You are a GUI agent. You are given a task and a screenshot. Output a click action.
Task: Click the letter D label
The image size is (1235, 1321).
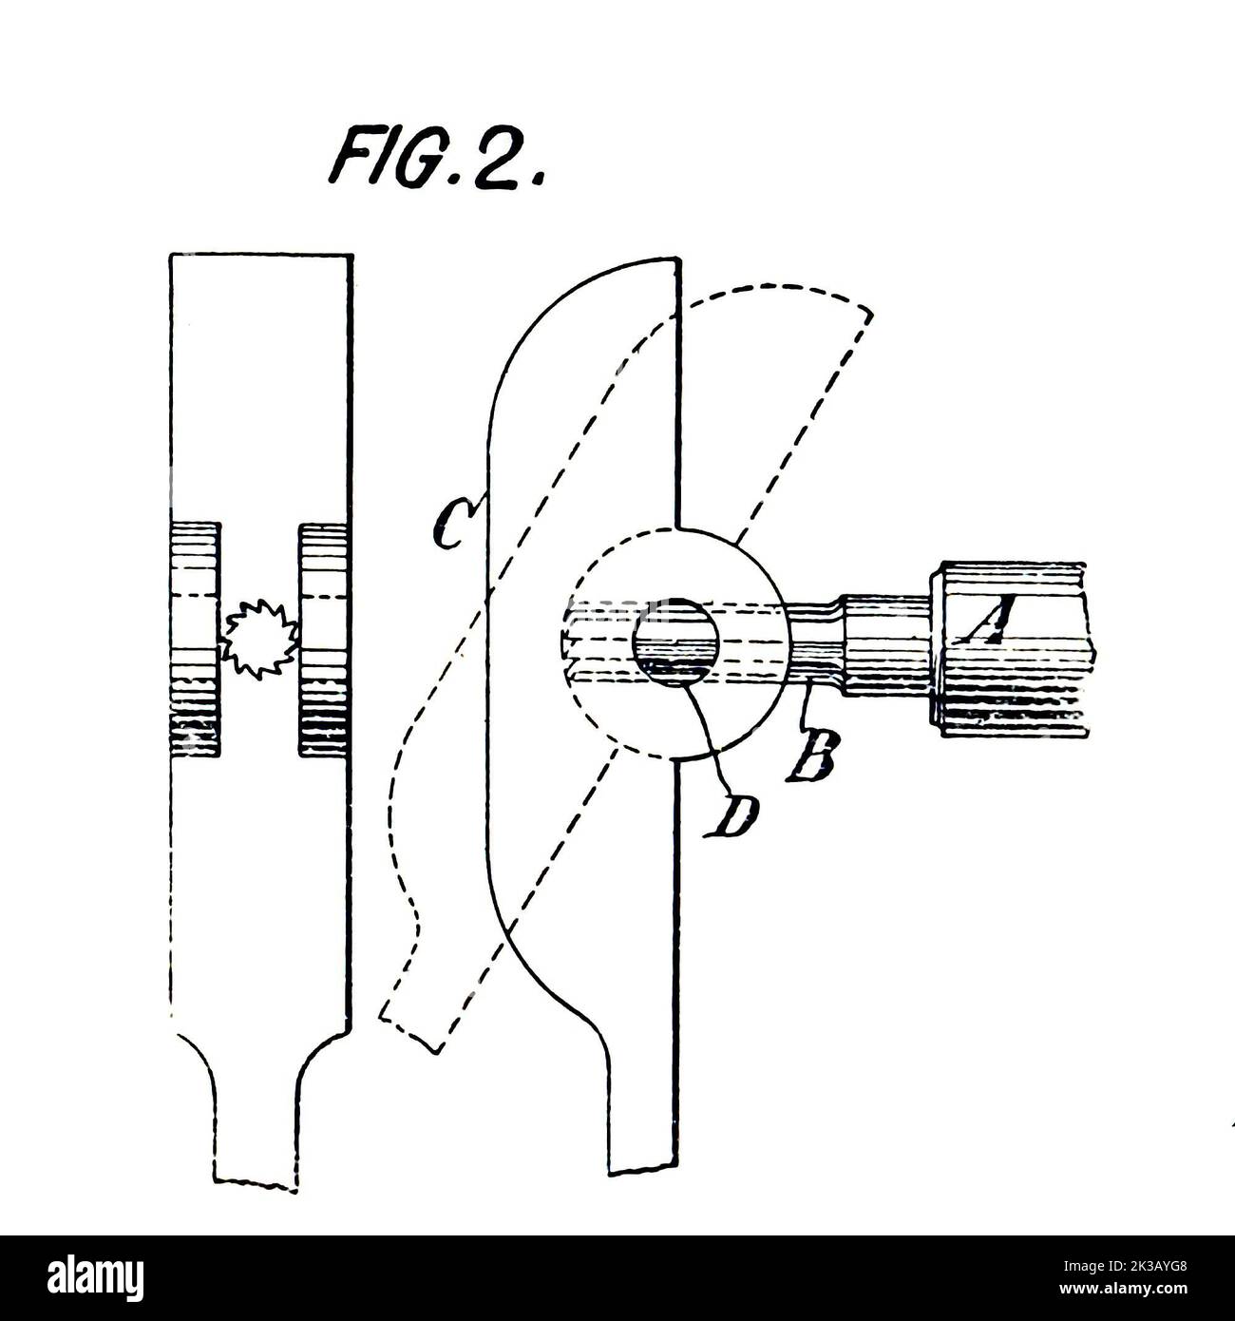pyautogui.click(x=731, y=815)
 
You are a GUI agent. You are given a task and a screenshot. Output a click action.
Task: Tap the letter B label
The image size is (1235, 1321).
pyautogui.click(x=812, y=755)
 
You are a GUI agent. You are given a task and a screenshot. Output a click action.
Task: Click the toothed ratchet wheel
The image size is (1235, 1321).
pyautogui.click(x=259, y=639)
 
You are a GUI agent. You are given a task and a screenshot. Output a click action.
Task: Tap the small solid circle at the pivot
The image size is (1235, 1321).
pyautogui.click(x=675, y=641)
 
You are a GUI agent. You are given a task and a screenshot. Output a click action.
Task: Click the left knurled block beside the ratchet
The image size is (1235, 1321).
pyautogui.click(x=195, y=639)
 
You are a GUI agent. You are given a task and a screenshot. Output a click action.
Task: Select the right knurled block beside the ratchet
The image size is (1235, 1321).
pyautogui.click(x=323, y=640)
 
